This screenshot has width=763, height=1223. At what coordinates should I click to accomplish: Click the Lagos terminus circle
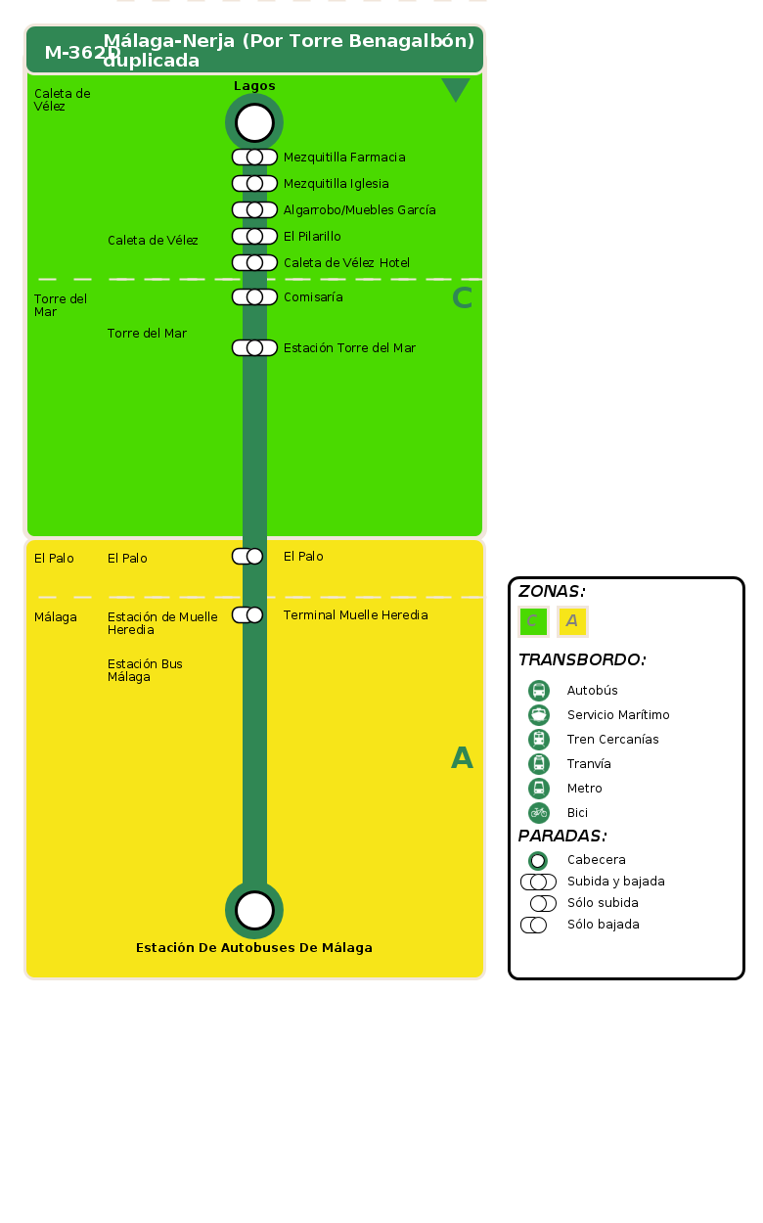click(254, 123)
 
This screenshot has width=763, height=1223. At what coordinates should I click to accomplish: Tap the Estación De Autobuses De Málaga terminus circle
click(254, 910)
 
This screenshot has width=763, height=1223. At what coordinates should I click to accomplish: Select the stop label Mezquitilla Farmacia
click(344, 158)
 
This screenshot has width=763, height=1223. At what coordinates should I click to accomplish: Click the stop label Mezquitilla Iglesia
click(336, 184)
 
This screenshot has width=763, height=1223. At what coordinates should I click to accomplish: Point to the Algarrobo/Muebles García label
click(359, 210)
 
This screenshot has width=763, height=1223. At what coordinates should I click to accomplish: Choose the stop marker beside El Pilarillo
click(254, 237)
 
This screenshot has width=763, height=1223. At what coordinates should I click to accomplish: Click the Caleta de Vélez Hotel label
click(346, 263)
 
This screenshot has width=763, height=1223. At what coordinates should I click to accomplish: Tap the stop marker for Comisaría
click(254, 297)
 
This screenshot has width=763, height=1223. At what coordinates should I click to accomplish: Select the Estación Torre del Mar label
click(349, 348)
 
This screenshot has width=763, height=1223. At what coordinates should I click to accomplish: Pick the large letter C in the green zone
click(462, 298)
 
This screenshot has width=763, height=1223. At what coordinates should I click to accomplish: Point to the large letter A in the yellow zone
click(462, 758)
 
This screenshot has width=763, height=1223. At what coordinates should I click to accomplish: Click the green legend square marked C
click(533, 621)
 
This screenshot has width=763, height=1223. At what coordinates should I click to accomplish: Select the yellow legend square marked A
click(572, 621)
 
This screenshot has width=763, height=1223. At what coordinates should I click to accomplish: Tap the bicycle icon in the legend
click(539, 813)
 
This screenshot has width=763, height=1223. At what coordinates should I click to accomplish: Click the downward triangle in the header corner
click(456, 89)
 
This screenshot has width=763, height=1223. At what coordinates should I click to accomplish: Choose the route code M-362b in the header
click(82, 53)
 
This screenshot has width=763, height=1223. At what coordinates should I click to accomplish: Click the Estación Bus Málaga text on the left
click(145, 670)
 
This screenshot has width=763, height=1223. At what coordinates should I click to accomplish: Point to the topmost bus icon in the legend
click(539, 691)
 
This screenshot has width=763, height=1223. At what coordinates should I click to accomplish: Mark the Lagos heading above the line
click(254, 86)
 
